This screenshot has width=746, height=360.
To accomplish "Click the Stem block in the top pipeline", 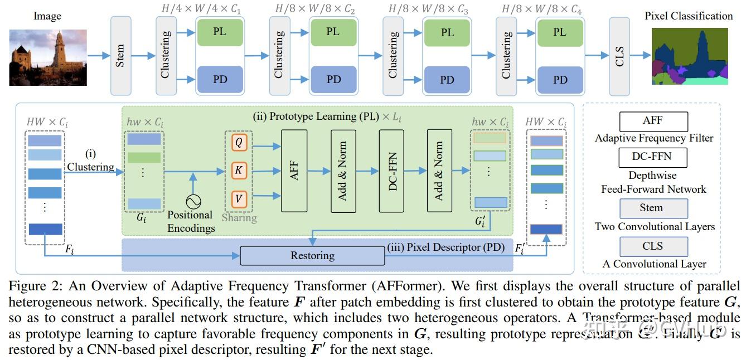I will (120, 56).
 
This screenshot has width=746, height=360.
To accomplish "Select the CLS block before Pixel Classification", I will (619, 56).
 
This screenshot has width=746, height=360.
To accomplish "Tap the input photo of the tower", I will (48, 57).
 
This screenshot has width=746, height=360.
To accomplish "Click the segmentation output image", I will (690, 57).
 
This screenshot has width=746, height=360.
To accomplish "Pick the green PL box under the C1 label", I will (220, 32).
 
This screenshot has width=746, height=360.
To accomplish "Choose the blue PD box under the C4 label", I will (560, 80).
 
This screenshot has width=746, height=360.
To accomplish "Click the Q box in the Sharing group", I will (239, 143).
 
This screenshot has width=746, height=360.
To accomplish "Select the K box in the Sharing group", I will (239, 171).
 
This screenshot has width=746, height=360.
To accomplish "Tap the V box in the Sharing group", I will (239, 198).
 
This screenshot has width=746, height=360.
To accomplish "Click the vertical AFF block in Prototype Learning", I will (294, 171).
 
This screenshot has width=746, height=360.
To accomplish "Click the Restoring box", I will (312, 256).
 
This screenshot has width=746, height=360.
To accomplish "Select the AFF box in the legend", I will (653, 121).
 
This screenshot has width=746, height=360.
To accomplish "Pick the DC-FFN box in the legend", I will (653, 158).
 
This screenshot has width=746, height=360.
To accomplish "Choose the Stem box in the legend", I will (653, 208).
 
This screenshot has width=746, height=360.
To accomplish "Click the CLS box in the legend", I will (653, 246).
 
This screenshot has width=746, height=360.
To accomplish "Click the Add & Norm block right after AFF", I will (343, 171).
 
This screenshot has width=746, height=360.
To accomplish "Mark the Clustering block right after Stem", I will (166, 56).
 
